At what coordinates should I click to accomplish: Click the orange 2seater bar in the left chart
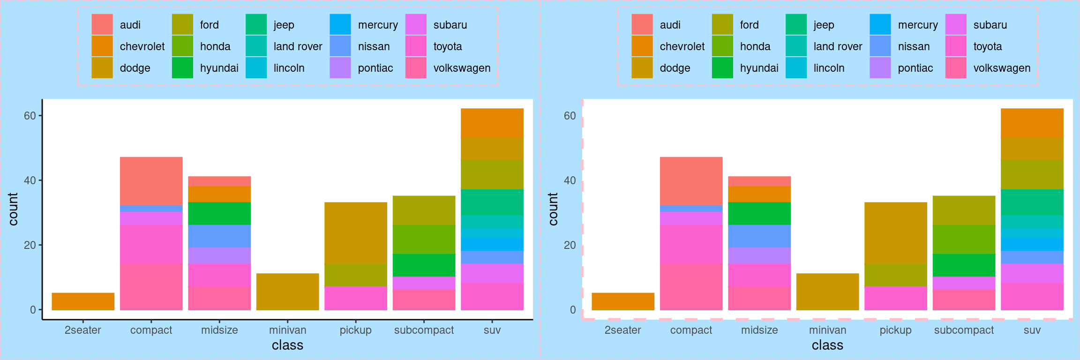83,301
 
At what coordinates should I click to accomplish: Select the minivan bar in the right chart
827,292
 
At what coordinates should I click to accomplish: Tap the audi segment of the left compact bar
151,181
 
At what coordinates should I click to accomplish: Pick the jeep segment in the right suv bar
1032,202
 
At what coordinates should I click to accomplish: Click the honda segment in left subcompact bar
424,239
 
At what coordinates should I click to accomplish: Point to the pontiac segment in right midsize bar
759,255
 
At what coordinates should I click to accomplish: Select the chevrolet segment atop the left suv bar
492,123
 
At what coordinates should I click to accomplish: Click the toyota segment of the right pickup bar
895,298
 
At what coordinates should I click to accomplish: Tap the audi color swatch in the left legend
102,24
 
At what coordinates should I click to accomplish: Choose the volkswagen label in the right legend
1002,68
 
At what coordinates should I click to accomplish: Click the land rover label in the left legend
298,46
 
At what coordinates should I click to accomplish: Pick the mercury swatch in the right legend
880,24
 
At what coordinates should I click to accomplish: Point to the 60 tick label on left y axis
30,116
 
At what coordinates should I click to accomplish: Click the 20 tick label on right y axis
570,245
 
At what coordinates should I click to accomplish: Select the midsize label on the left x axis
219,330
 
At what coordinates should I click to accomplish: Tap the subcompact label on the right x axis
964,330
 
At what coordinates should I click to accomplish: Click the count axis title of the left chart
13,209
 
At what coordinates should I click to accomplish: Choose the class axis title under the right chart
827,345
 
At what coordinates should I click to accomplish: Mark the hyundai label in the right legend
759,68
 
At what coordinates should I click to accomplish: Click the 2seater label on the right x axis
622,330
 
